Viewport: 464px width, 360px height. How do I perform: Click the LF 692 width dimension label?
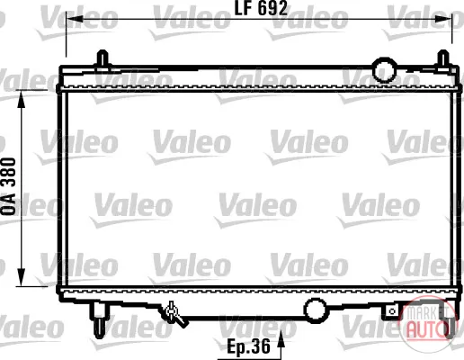click(x=261, y=8)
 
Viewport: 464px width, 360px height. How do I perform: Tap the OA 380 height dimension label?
click(x=9, y=186)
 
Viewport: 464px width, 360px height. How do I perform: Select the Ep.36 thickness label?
click(x=248, y=346)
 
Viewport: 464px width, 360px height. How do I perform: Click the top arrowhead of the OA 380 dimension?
click(x=22, y=99)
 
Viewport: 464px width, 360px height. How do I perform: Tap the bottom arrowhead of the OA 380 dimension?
click(x=22, y=277)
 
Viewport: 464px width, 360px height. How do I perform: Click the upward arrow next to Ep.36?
click(x=281, y=344)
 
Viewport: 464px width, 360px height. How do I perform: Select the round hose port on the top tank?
click(x=385, y=70)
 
